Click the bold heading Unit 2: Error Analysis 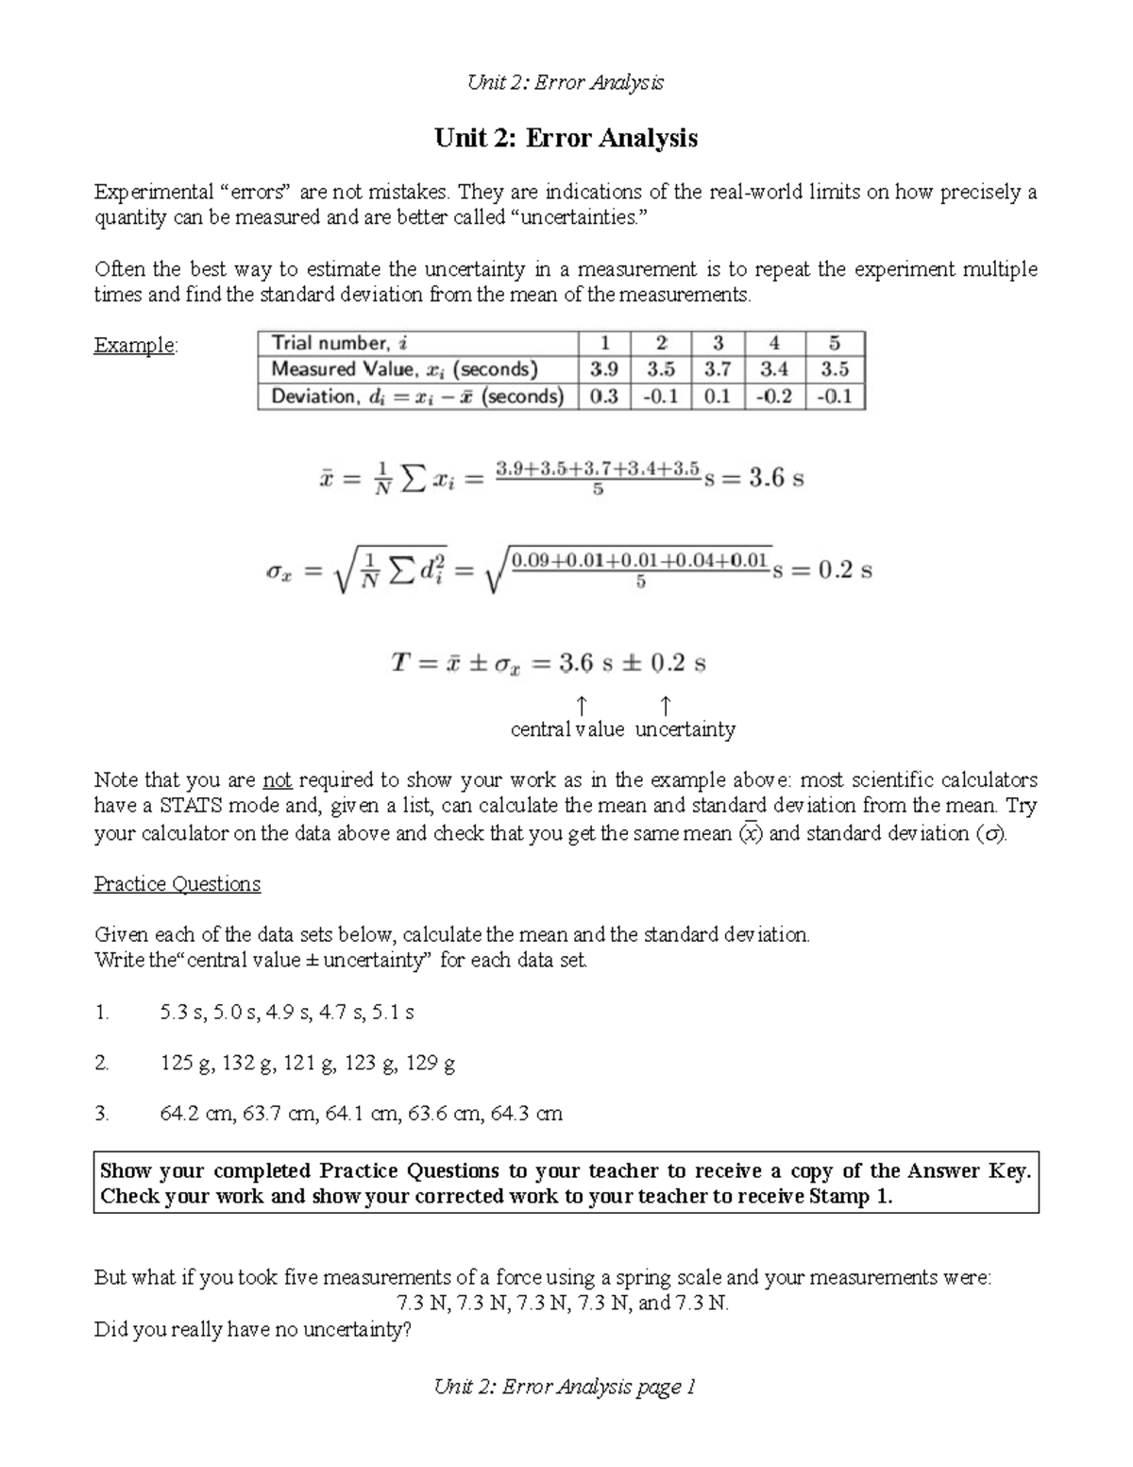(x=566, y=138)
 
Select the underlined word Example (x=134, y=345)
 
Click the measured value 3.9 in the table (x=603, y=369)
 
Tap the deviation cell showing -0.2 (x=774, y=397)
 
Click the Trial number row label (x=339, y=343)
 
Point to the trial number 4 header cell (x=774, y=343)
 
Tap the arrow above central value (x=582, y=705)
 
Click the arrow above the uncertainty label (x=665, y=705)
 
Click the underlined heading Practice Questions (x=177, y=884)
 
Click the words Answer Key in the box (x=968, y=1171)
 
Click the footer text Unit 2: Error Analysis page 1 (x=565, y=1387)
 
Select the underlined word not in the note (x=277, y=780)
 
